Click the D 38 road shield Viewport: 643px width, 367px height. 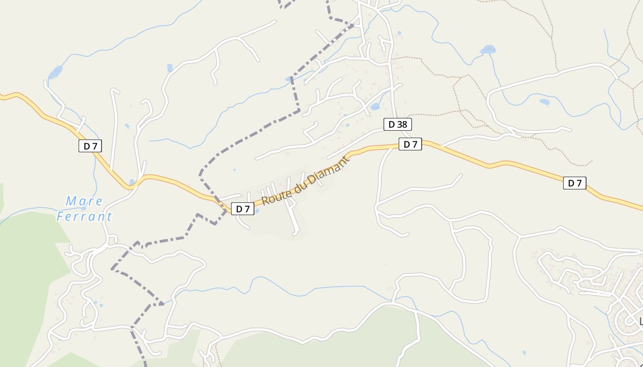[398, 124]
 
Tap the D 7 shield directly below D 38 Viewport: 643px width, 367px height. [410, 144]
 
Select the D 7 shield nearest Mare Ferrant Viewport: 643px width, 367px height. [90, 146]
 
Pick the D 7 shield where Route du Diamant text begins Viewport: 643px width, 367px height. [243, 209]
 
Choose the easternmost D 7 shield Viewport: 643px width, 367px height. [575, 183]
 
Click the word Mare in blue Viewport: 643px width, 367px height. [85, 201]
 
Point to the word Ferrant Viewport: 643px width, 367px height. [85, 217]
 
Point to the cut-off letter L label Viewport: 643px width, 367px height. [641, 321]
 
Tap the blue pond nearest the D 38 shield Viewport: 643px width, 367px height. [375, 107]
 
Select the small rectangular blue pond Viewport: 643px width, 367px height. [170, 67]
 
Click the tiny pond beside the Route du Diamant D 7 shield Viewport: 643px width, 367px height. [257, 211]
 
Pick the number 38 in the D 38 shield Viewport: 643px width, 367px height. [401, 124]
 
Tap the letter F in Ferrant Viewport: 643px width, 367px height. [60, 217]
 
